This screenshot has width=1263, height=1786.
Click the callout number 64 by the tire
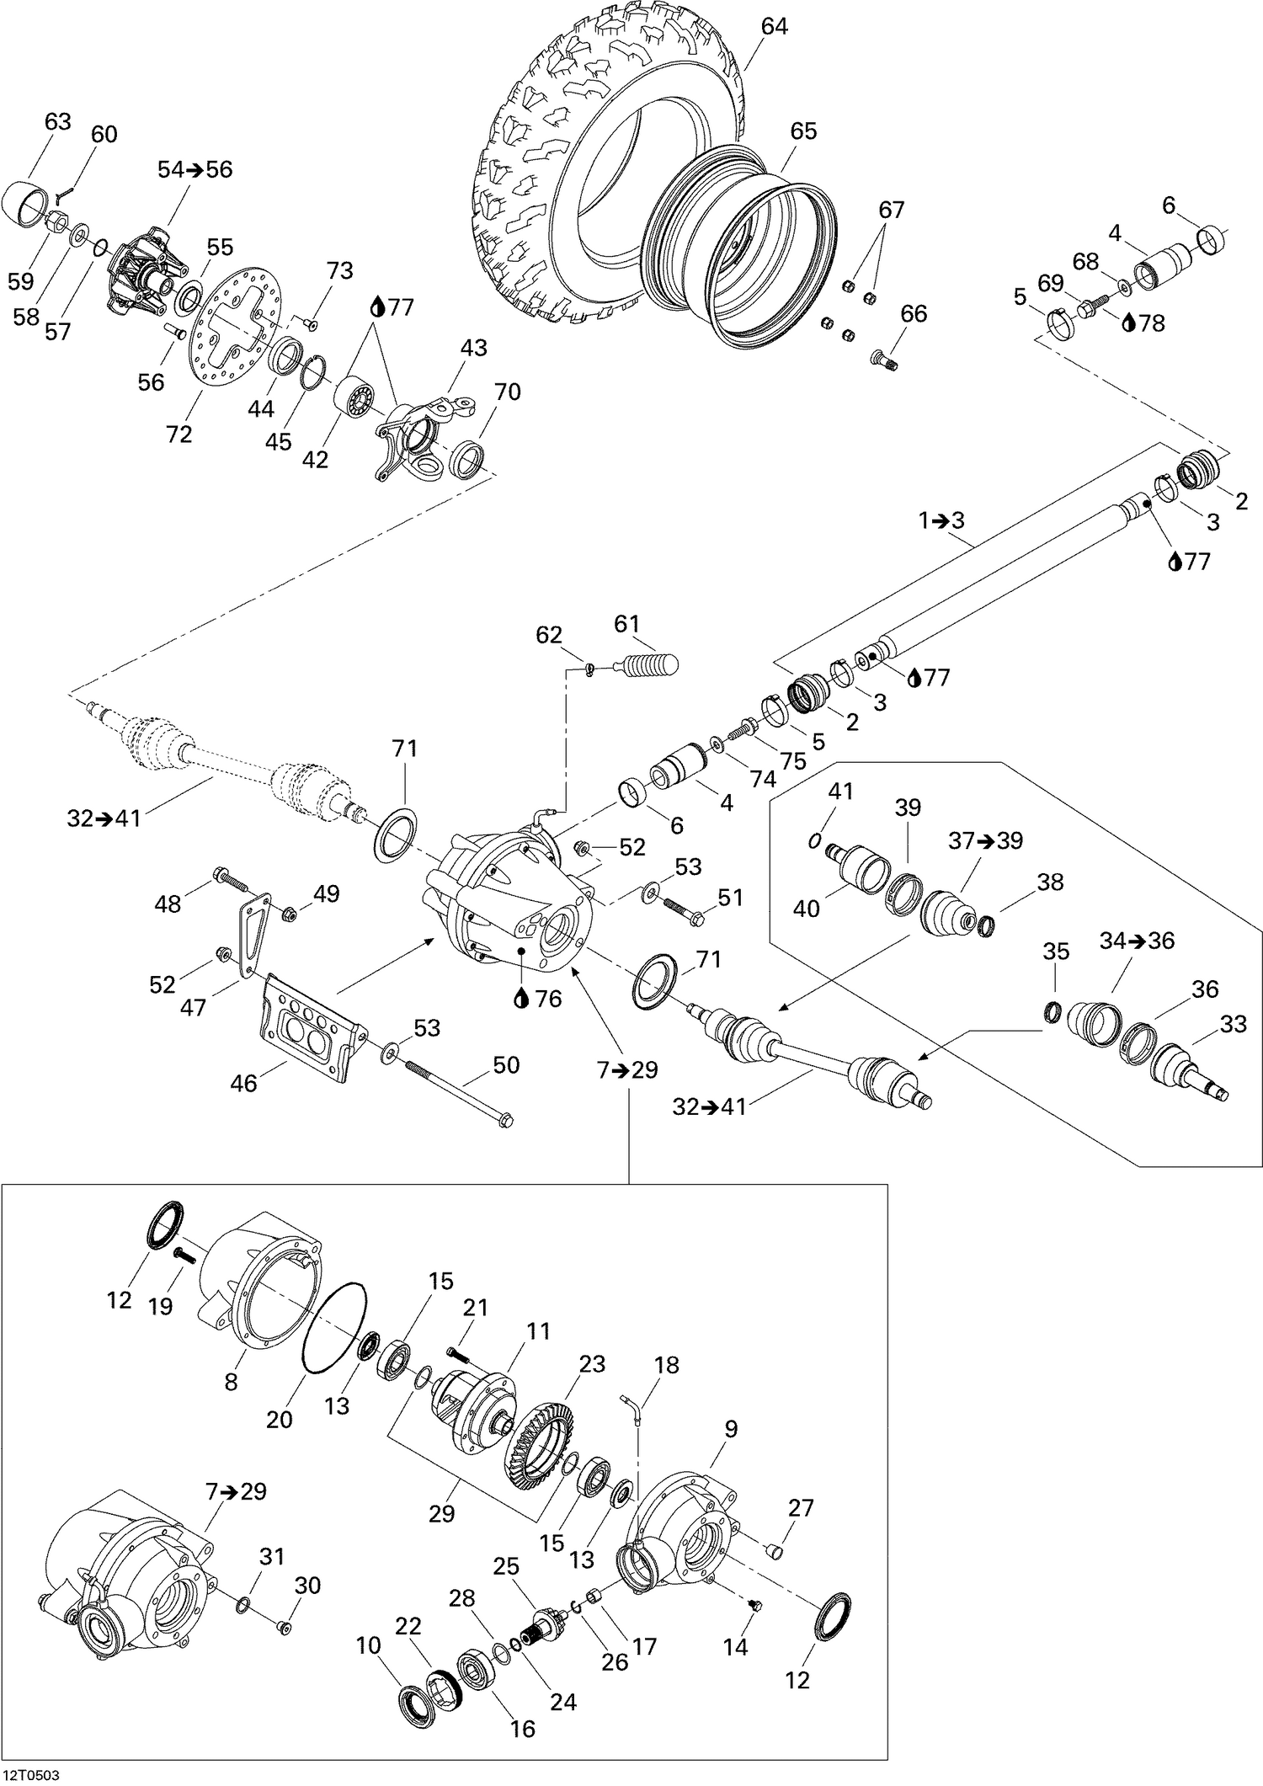point(774,27)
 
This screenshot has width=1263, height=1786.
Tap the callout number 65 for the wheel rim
point(803,131)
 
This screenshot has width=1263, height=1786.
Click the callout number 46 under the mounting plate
point(243,1082)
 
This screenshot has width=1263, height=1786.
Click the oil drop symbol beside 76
point(522,998)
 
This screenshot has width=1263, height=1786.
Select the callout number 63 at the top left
point(57,122)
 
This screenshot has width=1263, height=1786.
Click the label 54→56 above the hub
point(195,169)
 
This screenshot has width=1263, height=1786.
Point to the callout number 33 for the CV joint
point(1233,1025)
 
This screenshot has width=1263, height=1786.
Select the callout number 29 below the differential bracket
point(441,1512)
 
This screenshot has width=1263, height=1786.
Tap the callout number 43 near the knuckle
point(473,348)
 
